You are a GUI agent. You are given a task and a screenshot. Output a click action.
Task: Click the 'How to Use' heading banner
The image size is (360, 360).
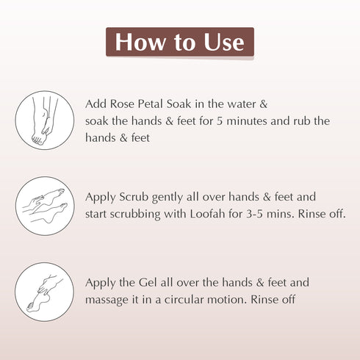pyautogui.click(x=179, y=42)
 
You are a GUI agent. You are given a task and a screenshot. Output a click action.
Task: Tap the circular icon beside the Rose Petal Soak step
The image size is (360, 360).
pyautogui.click(x=44, y=120)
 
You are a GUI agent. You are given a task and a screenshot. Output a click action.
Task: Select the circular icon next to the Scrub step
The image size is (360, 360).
pyautogui.click(x=44, y=206)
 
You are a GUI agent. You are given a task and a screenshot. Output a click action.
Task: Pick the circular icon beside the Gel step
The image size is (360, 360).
pyautogui.click(x=44, y=291)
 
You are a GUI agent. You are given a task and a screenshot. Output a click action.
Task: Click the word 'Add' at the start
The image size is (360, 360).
pyautogui.click(x=96, y=104)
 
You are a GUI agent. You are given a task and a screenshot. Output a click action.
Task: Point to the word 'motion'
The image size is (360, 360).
pyautogui.click(x=225, y=300)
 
